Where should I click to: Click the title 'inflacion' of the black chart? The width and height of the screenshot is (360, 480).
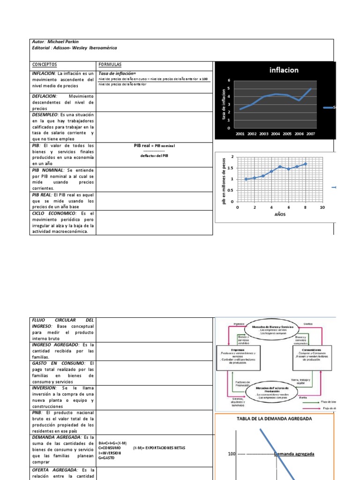tap(284, 70)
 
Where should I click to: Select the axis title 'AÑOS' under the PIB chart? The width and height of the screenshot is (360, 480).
tap(280, 214)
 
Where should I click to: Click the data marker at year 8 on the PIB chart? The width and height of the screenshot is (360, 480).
tap(306, 164)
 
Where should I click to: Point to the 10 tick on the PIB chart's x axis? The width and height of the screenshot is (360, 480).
tap(322, 207)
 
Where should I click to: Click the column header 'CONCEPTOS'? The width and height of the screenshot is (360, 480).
tap(45, 65)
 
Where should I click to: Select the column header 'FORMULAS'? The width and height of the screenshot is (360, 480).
tap(111, 65)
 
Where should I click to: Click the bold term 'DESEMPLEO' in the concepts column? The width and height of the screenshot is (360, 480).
tap(44, 114)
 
